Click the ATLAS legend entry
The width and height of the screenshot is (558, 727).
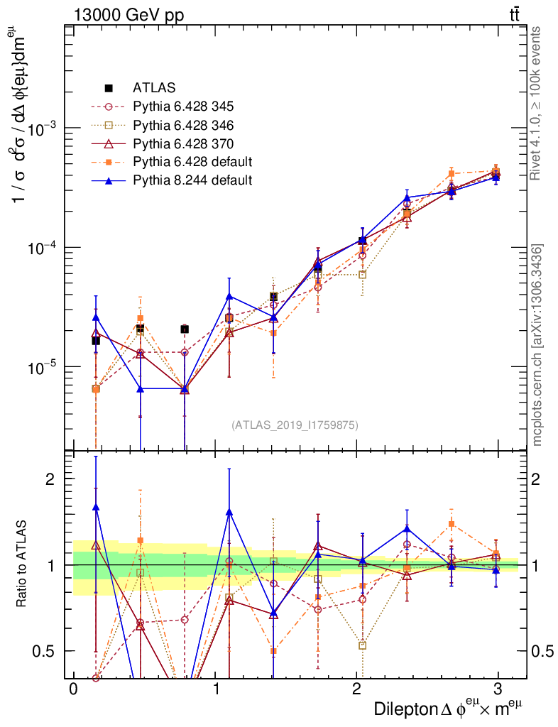(x=154, y=89)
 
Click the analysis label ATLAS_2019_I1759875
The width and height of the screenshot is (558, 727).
(x=295, y=425)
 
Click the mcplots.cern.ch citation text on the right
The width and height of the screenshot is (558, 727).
(x=537, y=345)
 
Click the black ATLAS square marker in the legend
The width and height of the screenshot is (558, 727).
(x=109, y=89)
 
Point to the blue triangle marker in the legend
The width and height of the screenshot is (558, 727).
(x=109, y=180)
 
